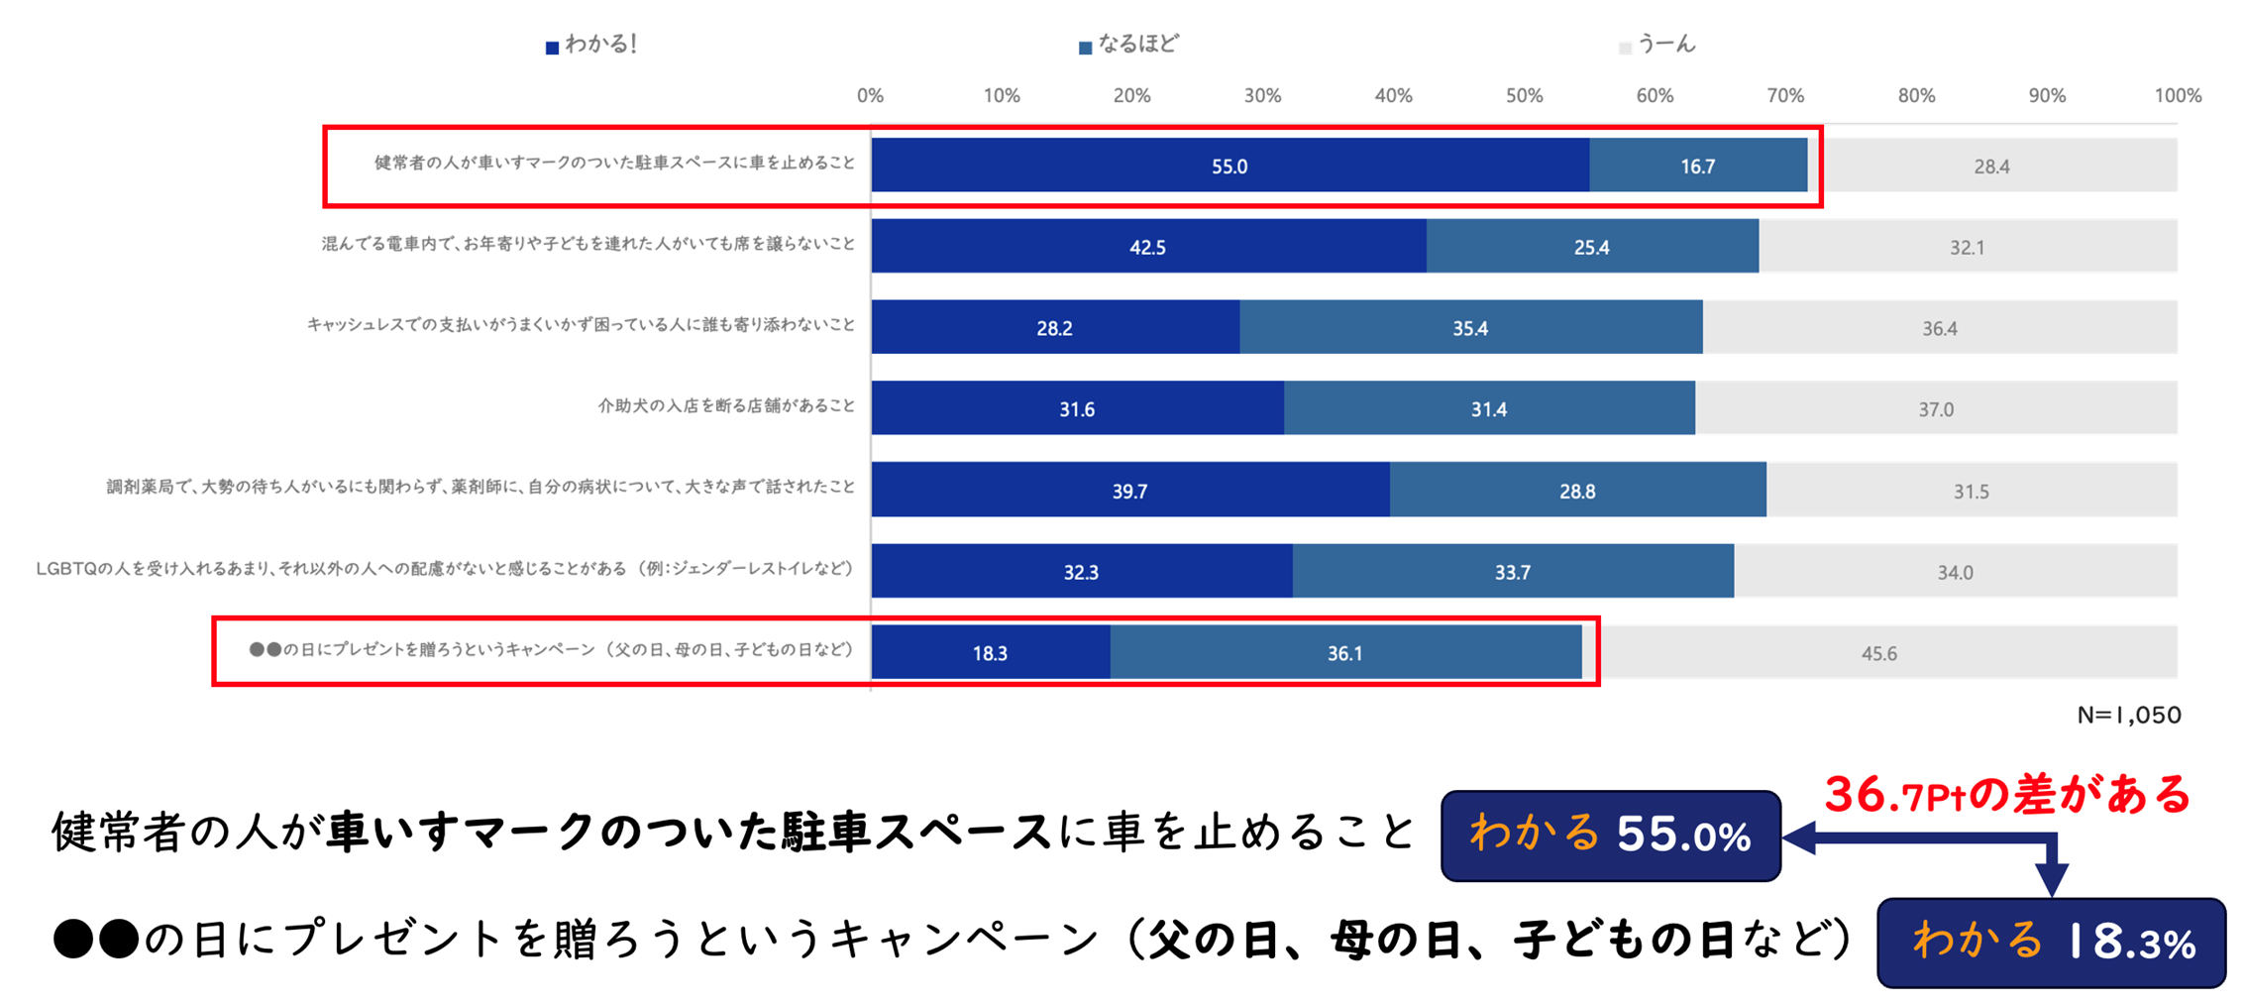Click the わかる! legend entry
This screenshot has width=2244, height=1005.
(x=592, y=45)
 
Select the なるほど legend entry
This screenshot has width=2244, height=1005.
(x=1129, y=45)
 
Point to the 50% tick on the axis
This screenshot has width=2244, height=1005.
(x=1524, y=96)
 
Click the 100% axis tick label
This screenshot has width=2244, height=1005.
(x=2177, y=96)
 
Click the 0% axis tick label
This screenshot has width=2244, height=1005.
(x=870, y=96)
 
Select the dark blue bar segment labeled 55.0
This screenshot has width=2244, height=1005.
(x=1229, y=166)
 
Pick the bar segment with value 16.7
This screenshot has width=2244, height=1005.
(x=1697, y=166)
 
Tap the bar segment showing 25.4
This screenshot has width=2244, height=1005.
(x=1591, y=247)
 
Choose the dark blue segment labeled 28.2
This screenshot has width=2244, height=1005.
(x=1054, y=328)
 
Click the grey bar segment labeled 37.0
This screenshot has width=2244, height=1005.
(x=1936, y=409)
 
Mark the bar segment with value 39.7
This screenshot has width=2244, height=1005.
(x=1129, y=491)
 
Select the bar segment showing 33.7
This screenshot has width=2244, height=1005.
(x=1512, y=572)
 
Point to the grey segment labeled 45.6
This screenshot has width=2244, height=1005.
(x=1878, y=653)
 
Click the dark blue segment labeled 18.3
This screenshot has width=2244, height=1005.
(x=990, y=653)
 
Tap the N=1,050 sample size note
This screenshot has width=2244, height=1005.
(x=2128, y=715)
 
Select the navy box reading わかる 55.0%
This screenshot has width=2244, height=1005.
(x=1610, y=836)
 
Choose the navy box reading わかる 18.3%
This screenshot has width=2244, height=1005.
(x=2051, y=943)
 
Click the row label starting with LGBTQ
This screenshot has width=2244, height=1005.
(x=445, y=569)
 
